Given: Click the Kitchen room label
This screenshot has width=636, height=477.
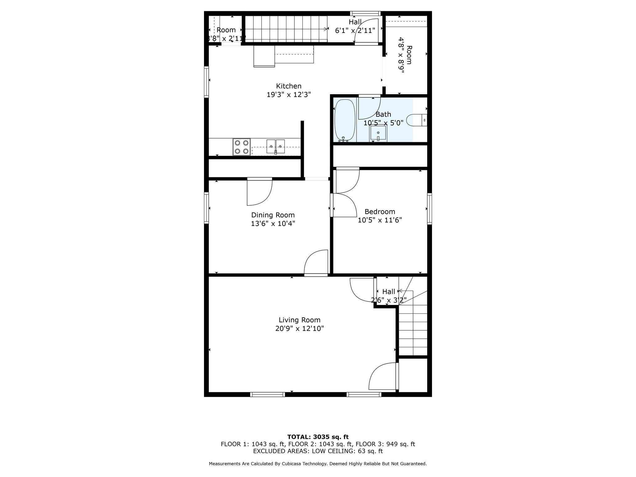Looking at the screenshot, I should tap(288, 86).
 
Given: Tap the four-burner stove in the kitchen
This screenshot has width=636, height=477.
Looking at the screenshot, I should tap(242, 147).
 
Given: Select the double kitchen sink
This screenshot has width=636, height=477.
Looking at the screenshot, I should tap(275, 146).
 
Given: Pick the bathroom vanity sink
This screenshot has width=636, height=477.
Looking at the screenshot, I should tap(378, 133).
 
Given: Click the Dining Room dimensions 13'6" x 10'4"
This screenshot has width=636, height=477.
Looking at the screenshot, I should tap(273, 224).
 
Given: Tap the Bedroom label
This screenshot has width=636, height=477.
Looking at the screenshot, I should tap(380, 212).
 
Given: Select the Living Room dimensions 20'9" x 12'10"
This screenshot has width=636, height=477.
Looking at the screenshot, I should tap(299, 329).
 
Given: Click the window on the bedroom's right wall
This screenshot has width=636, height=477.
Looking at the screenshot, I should tap(429, 209).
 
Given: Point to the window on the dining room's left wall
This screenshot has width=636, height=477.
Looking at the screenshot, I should tap(207, 207).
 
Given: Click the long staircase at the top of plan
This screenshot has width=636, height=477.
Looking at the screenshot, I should tap(286, 29).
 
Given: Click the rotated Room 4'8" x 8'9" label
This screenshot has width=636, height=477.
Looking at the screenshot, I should tap(405, 55).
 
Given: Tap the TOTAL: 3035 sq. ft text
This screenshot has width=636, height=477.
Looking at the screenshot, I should tap(318, 437).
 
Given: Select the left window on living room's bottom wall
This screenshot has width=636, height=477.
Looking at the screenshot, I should tap(267, 394).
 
